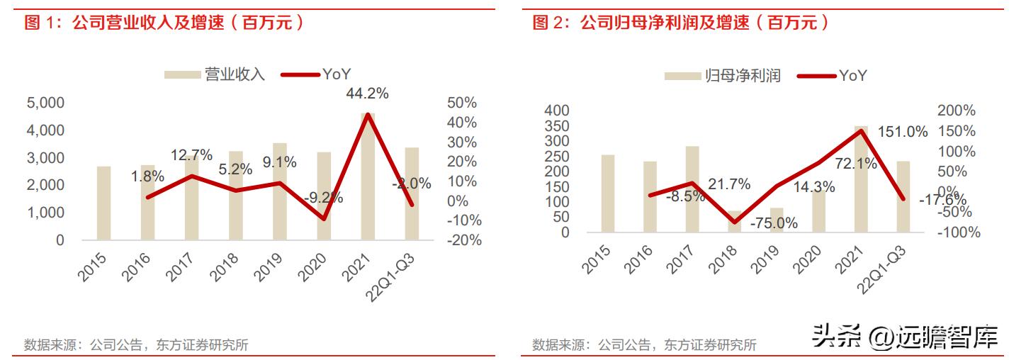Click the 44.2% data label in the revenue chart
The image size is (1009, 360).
coord(367,94)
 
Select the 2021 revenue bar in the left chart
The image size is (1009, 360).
coord(368,177)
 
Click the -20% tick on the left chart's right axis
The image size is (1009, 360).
coord(465,240)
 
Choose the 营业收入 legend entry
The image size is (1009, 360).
coord(215,74)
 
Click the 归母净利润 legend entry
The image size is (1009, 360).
coord(723,76)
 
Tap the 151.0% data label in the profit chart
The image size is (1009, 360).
coord(902,132)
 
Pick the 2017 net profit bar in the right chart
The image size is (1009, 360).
coord(692,189)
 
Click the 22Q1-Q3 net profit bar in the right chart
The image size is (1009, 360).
coord(903,196)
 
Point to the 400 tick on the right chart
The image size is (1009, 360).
coord(556,111)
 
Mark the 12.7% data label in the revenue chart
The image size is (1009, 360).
coord(191,154)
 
